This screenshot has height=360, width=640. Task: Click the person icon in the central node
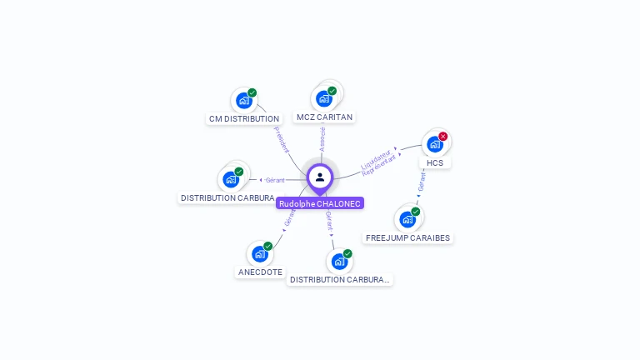[320, 177]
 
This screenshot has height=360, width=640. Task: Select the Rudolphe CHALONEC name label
[320, 203]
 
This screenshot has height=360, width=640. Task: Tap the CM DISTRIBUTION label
[243, 119]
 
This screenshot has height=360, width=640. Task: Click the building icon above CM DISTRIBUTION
[243, 100]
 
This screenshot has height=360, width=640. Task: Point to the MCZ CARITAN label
[324, 117]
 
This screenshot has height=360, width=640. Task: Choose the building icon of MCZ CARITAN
[323, 98]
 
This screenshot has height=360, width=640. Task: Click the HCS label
[435, 162]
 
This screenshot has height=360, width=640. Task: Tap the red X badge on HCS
[443, 136]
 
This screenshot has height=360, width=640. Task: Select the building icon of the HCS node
[434, 144]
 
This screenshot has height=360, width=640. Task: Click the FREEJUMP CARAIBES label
[407, 237]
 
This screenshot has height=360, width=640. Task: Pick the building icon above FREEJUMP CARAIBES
[407, 219]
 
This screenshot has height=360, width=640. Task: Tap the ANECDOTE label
[260, 272]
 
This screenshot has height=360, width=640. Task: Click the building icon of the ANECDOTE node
[259, 253]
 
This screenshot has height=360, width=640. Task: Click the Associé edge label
[322, 139]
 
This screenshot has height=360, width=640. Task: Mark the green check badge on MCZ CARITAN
[332, 91]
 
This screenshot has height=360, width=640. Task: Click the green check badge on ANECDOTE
[268, 246]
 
